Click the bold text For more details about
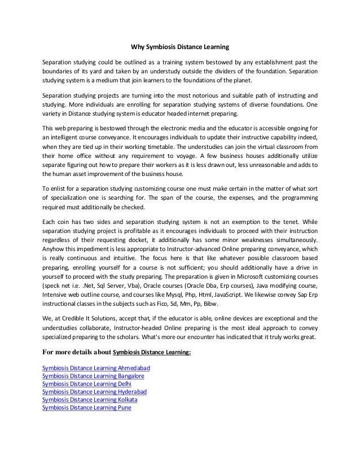[77, 353]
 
